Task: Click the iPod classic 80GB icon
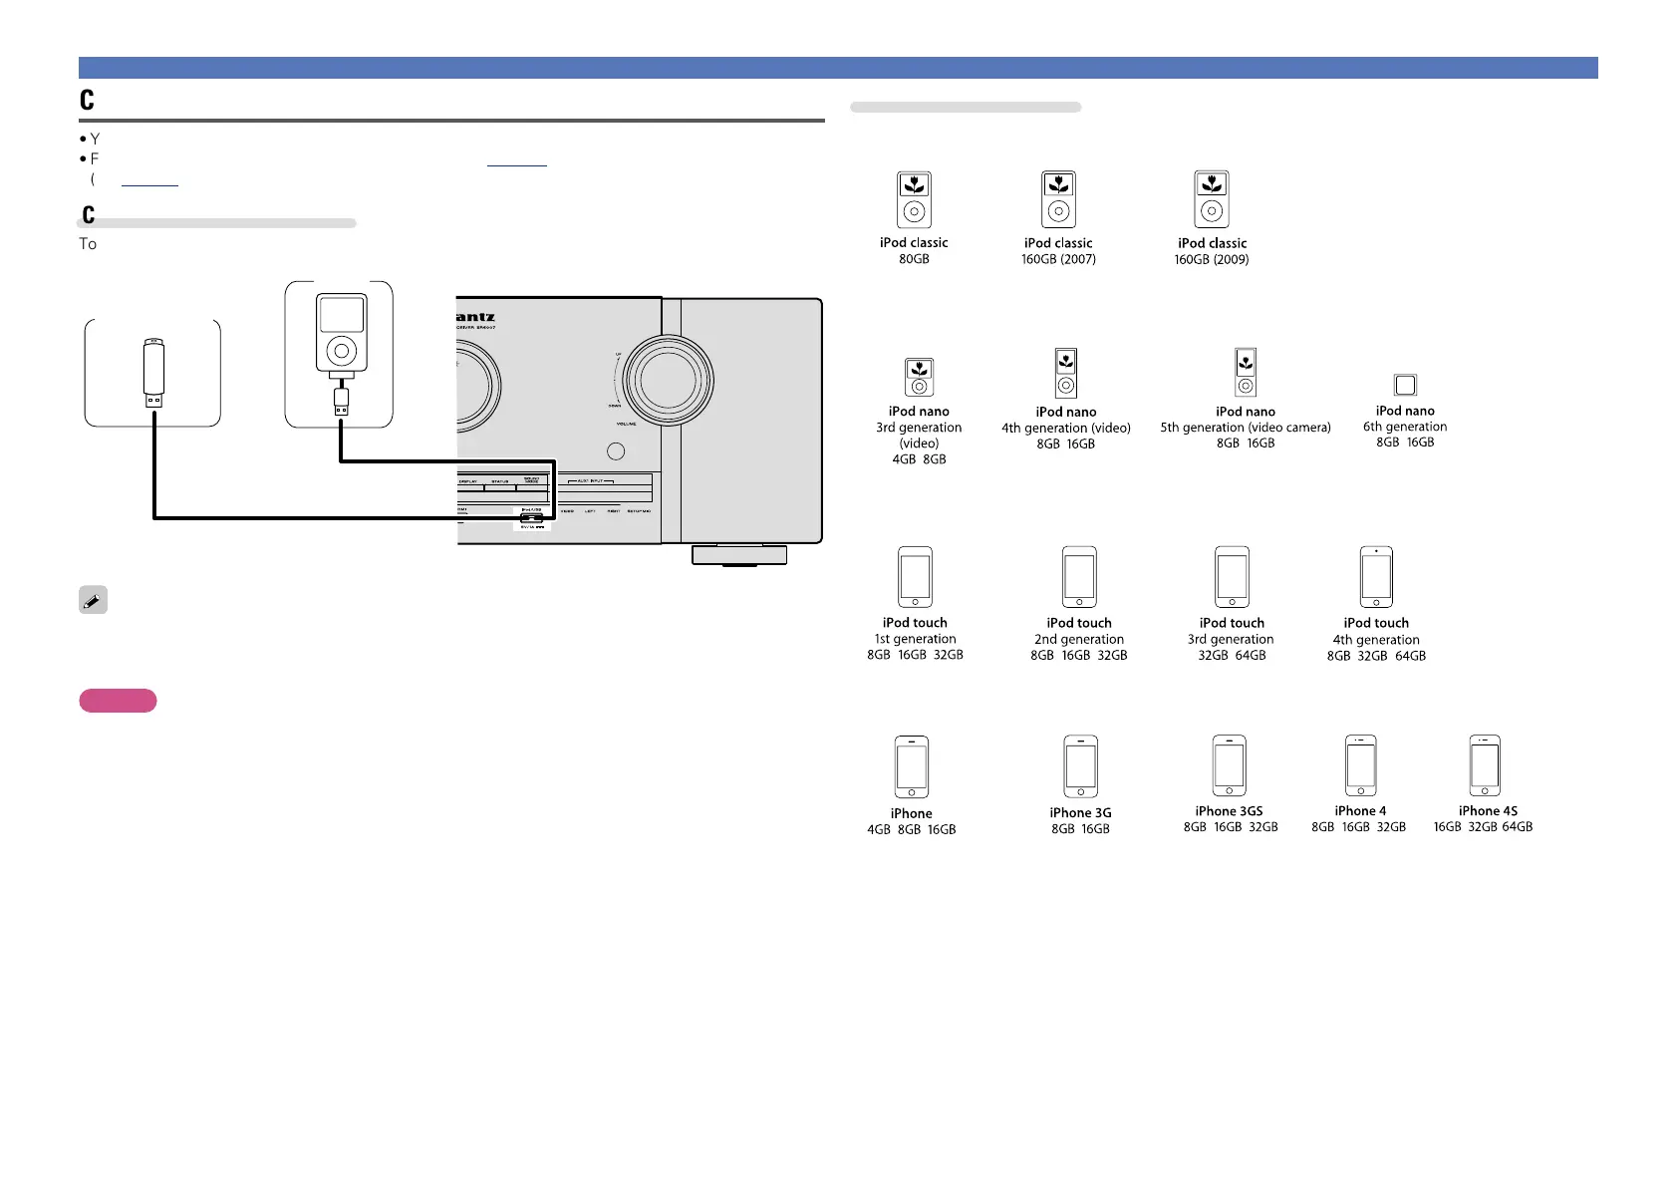pyautogui.click(x=914, y=200)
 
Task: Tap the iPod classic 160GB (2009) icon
pyautogui.click(x=1212, y=199)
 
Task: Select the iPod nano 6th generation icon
pyautogui.click(x=1405, y=385)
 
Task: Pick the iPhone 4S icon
pyautogui.click(x=1485, y=765)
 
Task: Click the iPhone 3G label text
pyautogui.click(x=1080, y=813)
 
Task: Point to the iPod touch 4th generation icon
pyautogui.click(x=1376, y=577)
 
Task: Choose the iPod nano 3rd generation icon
pyautogui.click(x=919, y=378)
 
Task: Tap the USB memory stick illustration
pyautogui.click(x=152, y=373)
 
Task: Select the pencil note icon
pyautogui.click(x=93, y=600)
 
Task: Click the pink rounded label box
pyautogui.click(x=118, y=701)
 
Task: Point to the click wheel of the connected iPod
pyautogui.click(x=341, y=351)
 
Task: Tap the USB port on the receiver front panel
pyautogui.click(x=531, y=517)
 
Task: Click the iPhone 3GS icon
pyautogui.click(x=1229, y=765)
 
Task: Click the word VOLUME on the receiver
pyautogui.click(x=626, y=424)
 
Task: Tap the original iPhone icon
pyautogui.click(x=912, y=767)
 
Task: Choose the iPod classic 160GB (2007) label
pyautogui.click(x=1058, y=251)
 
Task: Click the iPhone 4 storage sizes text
pyautogui.click(x=1358, y=827)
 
